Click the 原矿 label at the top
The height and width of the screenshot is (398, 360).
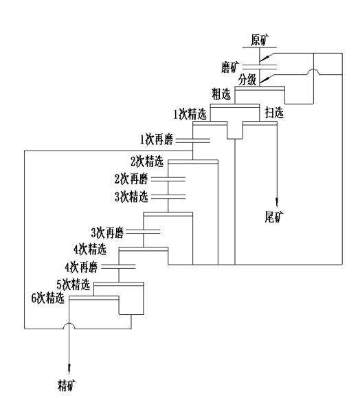point(260,40)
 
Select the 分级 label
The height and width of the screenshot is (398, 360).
point(247,80)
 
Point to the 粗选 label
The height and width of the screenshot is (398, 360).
point(221,94)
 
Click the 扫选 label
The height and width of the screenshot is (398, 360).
point(274,113)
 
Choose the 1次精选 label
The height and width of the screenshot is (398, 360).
point(190,114)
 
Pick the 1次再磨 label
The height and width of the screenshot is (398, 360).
point(157,140)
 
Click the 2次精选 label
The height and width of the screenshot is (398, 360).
point(147,162)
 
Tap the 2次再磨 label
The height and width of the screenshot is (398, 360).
point(131,179)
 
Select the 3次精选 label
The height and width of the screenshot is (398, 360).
point(131,197)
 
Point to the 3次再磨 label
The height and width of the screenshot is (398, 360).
point(107,233)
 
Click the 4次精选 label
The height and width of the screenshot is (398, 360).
point(90,250)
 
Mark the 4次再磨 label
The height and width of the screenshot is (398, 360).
point(81,267)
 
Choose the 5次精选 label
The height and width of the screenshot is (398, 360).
point(74,285)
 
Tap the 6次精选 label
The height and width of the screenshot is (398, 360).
point(48,298)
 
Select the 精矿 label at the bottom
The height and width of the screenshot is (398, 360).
point(67,385)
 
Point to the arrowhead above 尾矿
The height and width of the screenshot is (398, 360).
point(277,201)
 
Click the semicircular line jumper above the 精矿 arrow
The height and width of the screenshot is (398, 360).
point(69,324)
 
